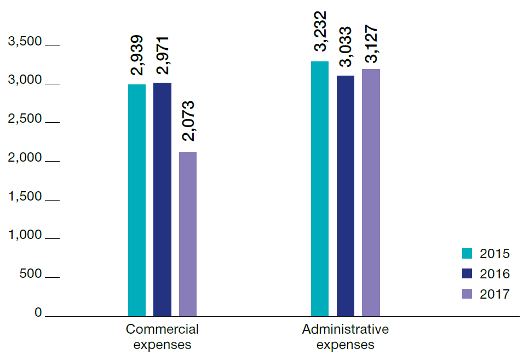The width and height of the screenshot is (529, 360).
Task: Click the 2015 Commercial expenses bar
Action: pos(137,200)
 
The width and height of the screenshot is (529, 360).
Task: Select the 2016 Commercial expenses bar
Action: pos(162,199)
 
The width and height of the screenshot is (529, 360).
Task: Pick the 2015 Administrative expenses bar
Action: pos(320,188)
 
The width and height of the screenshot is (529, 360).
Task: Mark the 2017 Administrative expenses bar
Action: pos(371,192)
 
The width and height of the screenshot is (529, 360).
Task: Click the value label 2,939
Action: pos(137,55)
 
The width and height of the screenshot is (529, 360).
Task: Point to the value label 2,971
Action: pos(162,55)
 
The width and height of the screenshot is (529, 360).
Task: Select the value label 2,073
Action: pos(188,122)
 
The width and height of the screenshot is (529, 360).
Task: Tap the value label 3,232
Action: pos(320,31)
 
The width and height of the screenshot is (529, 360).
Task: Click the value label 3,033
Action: pos(346,47)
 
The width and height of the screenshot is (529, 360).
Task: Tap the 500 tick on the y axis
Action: pos(31,273)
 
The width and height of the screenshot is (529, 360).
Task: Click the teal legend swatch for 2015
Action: pos(467,254)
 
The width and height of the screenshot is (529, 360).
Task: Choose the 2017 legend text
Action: pos(495,294)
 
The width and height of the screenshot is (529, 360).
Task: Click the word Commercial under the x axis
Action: pos(162,330)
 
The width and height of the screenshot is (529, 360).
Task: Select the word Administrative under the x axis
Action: pos(346,330)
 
